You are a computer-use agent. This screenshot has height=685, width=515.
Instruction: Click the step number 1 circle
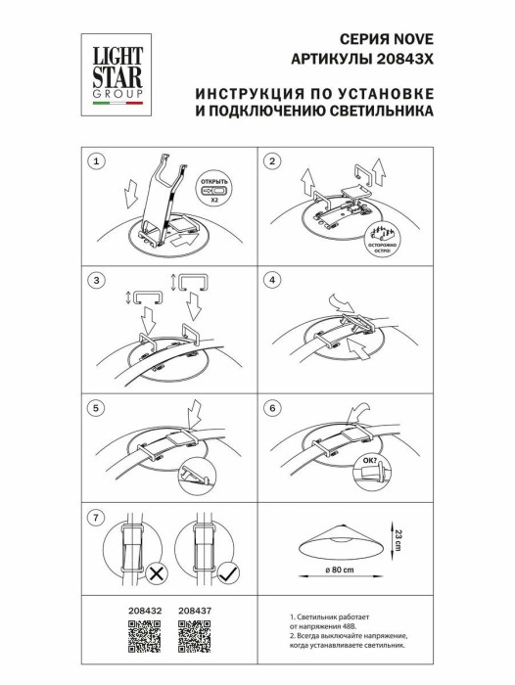[x=96, y=160]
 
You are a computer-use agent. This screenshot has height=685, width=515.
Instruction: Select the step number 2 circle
[x=273, y=160]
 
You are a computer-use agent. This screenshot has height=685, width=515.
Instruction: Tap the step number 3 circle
[x=96, y=281]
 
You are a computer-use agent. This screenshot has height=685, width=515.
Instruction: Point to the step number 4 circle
[x=273, y=281]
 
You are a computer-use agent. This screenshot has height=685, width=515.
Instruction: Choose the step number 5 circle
[x=96, y=406]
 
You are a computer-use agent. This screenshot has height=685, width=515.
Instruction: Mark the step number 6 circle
[x=273, y=406]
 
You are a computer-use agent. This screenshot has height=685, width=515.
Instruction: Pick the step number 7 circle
[x=96, y=517]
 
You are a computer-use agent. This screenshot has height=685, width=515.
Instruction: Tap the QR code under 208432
[x=144, y=635]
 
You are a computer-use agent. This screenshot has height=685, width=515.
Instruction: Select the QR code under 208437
[x=194, y=635]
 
